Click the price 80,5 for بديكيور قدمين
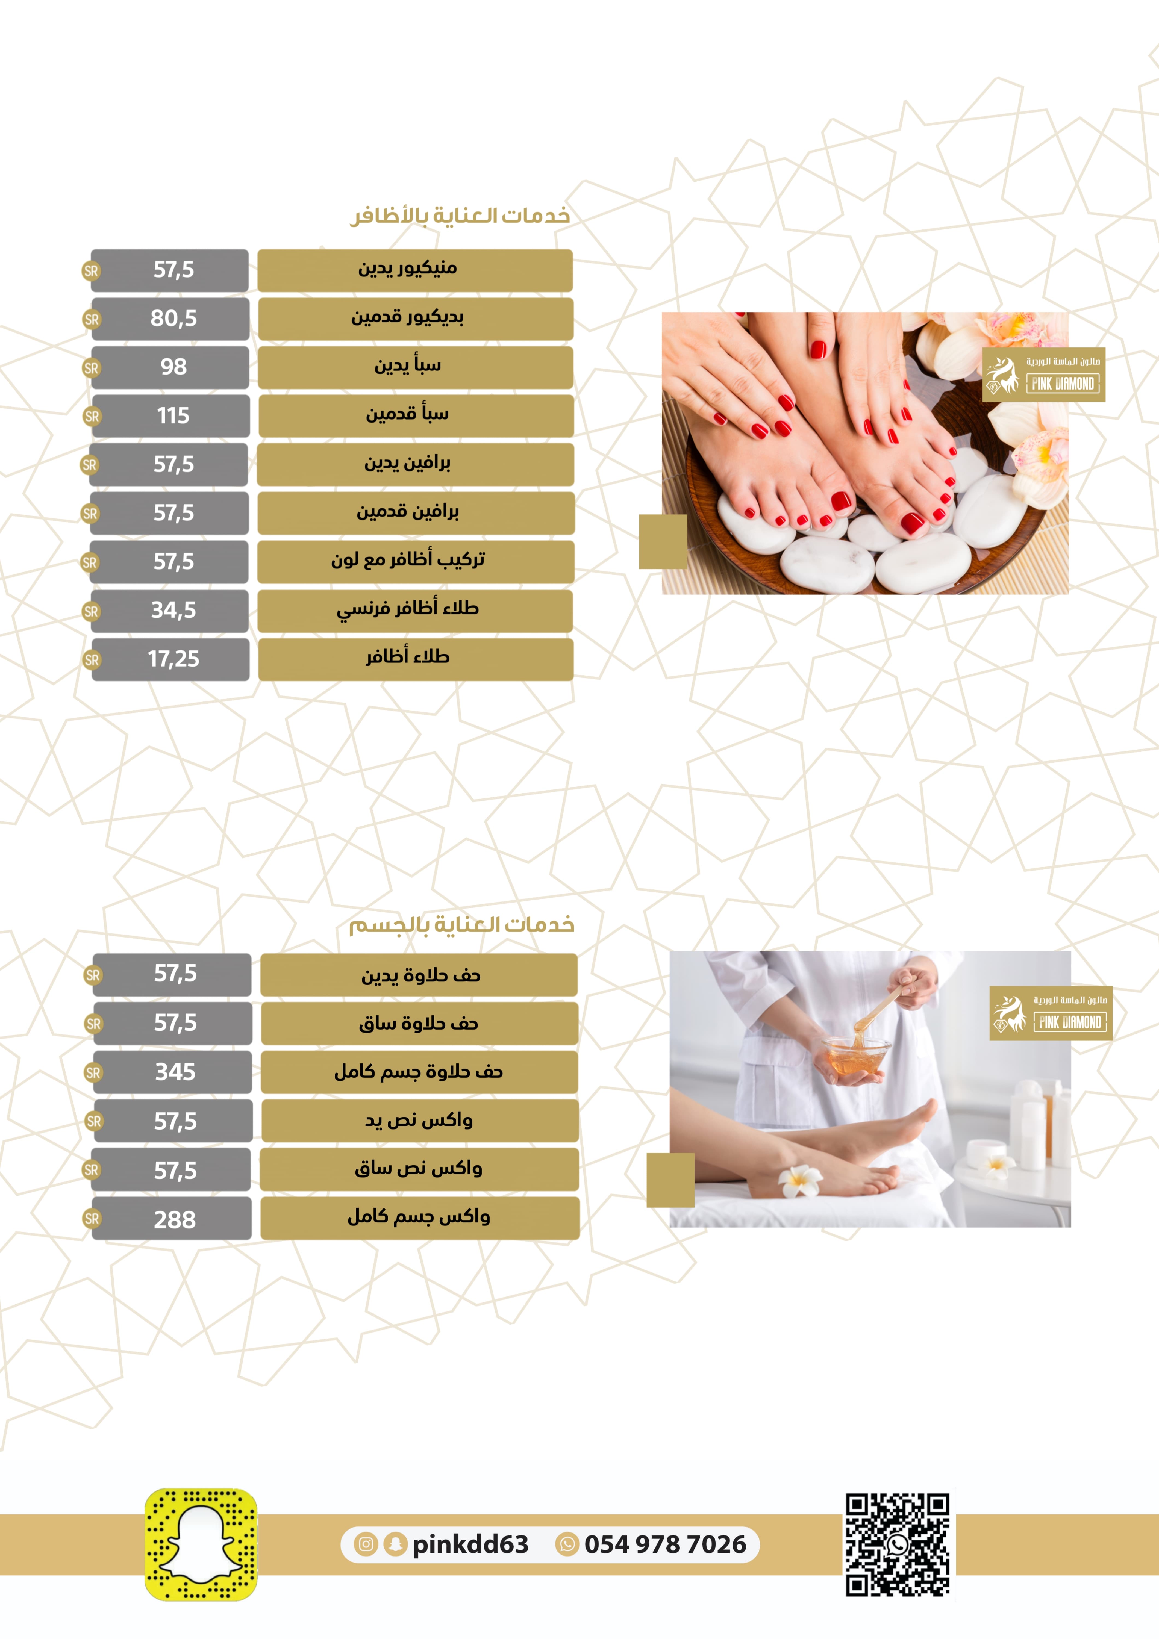pos(173,319)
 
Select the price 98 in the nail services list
pos(173,367)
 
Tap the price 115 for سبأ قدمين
pos(173,415)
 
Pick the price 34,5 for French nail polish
pos(173,610)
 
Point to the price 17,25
pos(173,659)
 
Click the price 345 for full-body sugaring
pos(175,1072)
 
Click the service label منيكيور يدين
pos(408,269)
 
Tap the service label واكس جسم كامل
pos(419,1216)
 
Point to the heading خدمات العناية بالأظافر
pos(460,216)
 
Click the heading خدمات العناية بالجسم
pos(461,925)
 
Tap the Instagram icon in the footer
pos(366,1545)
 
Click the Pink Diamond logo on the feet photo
pos(1043,375)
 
